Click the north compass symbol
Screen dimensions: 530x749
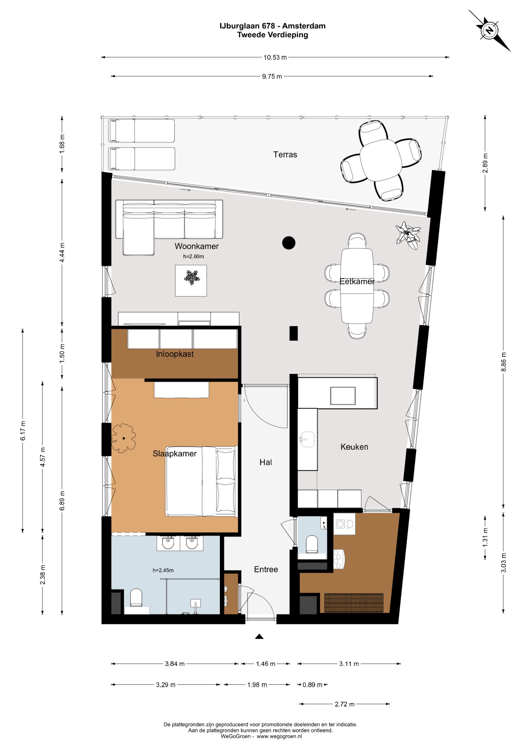[x=490, y=31]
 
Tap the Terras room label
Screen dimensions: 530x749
[x=285, y=155]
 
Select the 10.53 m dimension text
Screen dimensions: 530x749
[x=275, y=57]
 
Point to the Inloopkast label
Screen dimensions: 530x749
[x=175, y=354]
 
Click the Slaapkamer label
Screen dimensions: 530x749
[x=175, y=454]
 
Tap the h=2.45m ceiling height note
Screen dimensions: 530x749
[x=163, y=570]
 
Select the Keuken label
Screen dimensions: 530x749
[x=354, y=447]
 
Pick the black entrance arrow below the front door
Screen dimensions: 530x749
[x=259, y=636]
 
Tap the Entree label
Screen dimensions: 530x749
[x=266, y=570]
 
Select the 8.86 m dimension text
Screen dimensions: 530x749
[x=503, y=362]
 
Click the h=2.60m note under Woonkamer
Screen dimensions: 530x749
[x=194, y=256]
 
